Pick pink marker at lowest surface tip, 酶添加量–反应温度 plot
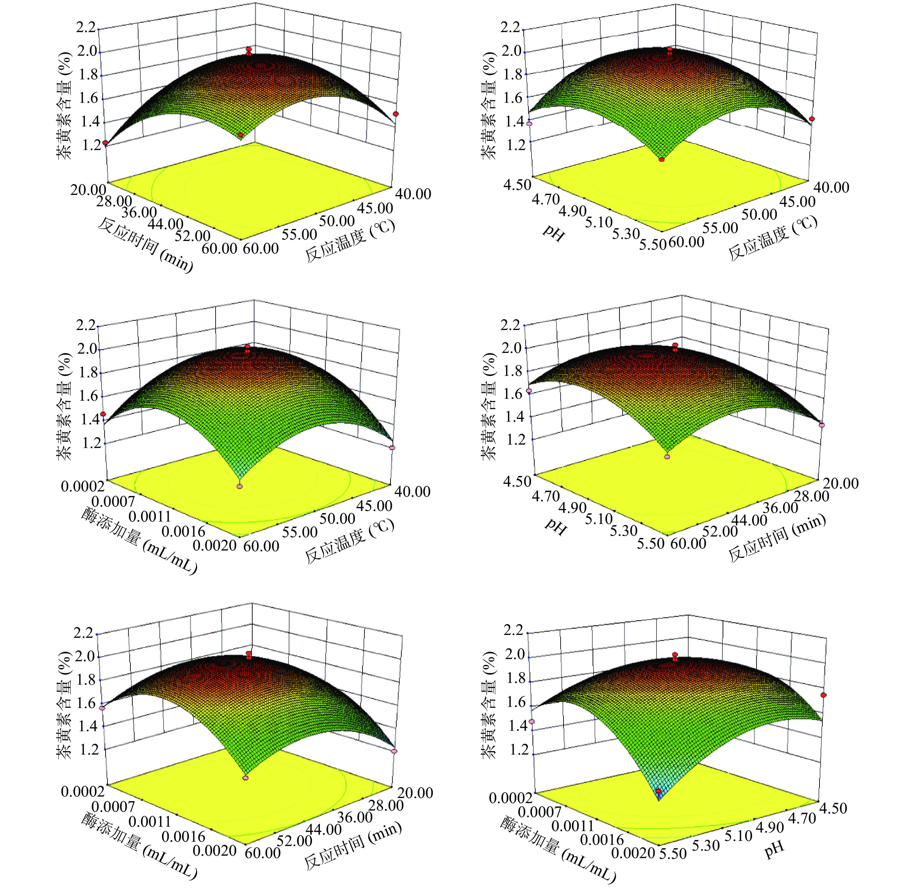coord(240,486)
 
